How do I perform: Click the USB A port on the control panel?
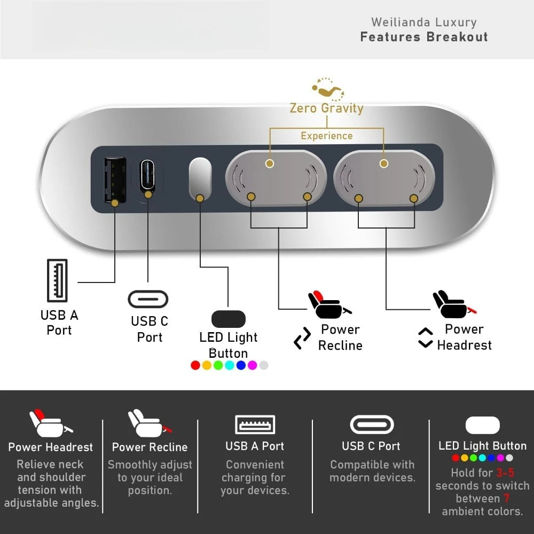[x=115, y=180]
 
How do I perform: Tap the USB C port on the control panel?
[x=147, y=176]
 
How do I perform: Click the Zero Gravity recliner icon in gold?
[x=328, y=90]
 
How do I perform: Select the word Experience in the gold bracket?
[x=327, y=136]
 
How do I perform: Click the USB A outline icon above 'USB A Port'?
[x=57, y=280]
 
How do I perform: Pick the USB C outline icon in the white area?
[x=148, y=299]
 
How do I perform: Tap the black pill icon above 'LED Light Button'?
[x=228, y=319]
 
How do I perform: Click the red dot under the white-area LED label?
[x=195, y=365]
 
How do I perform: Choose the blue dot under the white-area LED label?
[x=241, y=365]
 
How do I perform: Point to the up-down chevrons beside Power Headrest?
[x=426, y=338]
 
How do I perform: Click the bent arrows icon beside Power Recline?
[x=302, y=338]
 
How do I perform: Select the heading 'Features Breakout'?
[x=424, y=37]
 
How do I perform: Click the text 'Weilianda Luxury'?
[x=424, y=22]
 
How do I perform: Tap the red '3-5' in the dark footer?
[x=505, y=473]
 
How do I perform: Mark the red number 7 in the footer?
[x=507, y=498]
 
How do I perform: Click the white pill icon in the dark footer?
[x=483, y=425]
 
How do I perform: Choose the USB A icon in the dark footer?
[x=255, y=425]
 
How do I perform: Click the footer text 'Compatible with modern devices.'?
[x=372, y=471]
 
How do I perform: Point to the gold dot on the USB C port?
[x=148, y=194]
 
